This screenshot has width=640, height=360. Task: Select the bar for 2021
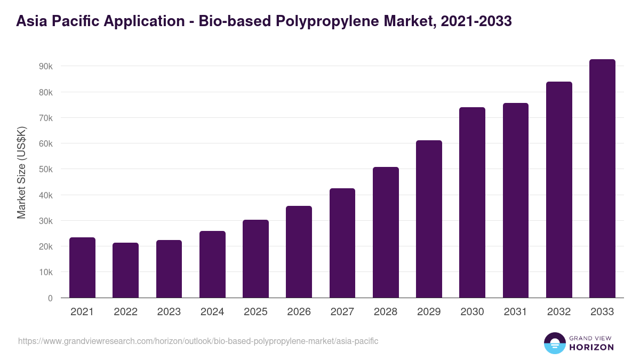82,268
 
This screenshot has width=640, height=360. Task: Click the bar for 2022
126,270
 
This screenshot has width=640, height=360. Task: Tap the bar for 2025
255,259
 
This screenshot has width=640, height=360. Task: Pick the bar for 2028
386,233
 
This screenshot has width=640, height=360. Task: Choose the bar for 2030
472,203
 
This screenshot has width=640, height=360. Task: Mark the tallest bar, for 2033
602,179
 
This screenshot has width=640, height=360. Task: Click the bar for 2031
516,201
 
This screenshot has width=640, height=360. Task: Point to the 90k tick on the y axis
45,66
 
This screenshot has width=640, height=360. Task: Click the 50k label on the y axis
45,169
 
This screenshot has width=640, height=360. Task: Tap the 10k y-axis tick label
45,272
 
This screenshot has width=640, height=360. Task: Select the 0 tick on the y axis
50,298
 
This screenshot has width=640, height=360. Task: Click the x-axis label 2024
212,312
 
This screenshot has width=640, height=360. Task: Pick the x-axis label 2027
342,312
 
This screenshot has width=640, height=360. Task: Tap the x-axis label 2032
559,312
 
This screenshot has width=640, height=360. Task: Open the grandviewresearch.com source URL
198,341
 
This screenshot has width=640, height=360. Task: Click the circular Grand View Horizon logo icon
554,343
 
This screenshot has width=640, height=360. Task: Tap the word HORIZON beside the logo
591,347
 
